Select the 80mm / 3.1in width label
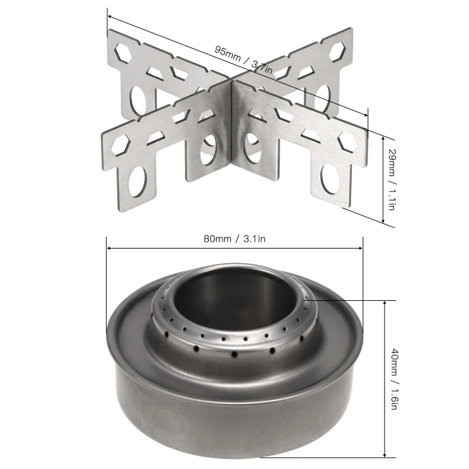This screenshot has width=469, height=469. pyautogui.click(x=234, y=238)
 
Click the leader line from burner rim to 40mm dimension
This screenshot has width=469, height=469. pyautogui.click(x=352, y=300)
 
